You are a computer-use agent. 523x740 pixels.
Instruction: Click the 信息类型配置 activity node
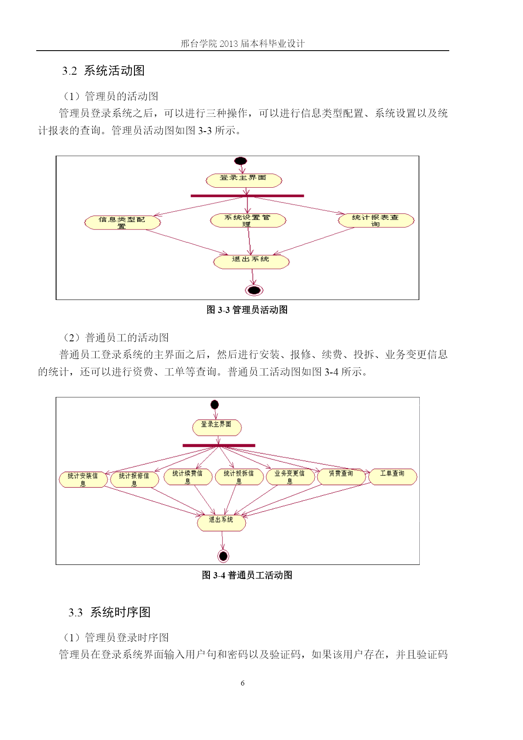tap(123, 223)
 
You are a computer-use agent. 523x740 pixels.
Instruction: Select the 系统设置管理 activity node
tap(248, 221)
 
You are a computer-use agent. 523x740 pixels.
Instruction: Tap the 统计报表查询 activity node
tap(376, 221)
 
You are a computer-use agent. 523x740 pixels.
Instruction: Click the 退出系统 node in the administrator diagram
tap(252, 262)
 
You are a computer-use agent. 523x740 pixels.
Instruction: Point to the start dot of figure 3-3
tap(241, 161)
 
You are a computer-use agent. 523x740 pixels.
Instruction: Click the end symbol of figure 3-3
tap(254, 290)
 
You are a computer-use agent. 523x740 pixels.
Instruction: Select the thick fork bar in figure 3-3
tap(247, 196)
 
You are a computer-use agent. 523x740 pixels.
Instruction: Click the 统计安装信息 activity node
tap(83, 480)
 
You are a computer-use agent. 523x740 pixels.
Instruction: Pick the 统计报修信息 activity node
tap(134, 480)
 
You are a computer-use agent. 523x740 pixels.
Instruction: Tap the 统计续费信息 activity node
tap(188, 477)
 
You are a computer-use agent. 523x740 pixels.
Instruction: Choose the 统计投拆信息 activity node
tap(239, 477)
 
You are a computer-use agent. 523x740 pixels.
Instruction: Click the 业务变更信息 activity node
tap(290, 477)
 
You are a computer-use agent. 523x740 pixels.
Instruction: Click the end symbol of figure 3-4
tap(223, 556)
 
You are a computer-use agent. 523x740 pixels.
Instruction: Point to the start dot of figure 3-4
tap(215, 405)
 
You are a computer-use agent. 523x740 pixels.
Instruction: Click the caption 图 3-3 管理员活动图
tap(247, 310)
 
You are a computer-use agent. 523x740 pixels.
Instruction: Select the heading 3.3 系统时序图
tap(110, 612)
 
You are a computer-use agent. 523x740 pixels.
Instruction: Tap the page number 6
tap(242, 683)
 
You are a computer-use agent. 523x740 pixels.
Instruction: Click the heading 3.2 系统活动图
tap(103, 70)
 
